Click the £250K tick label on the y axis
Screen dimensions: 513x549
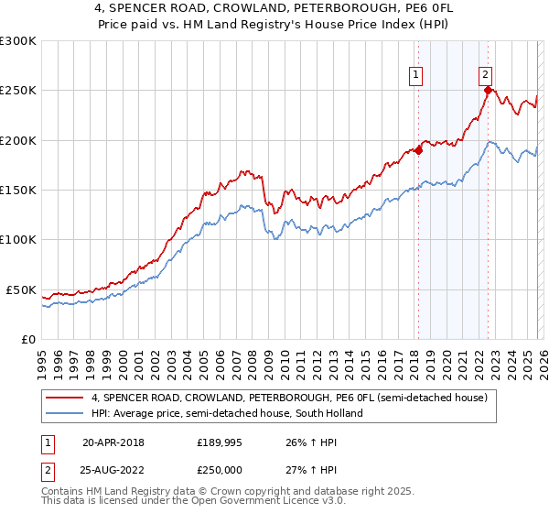(18, 91)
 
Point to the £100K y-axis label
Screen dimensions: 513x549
(18, 240)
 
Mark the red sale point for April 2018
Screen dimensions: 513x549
(418, 151)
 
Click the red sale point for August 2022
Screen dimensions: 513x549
(489, 90)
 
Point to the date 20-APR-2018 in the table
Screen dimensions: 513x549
(113, 442)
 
